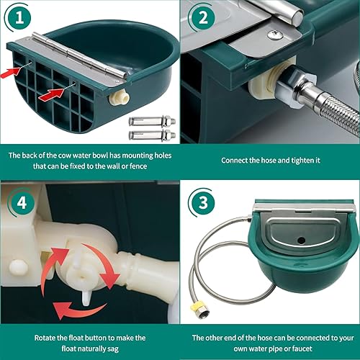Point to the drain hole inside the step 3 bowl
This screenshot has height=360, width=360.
(300, 276)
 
